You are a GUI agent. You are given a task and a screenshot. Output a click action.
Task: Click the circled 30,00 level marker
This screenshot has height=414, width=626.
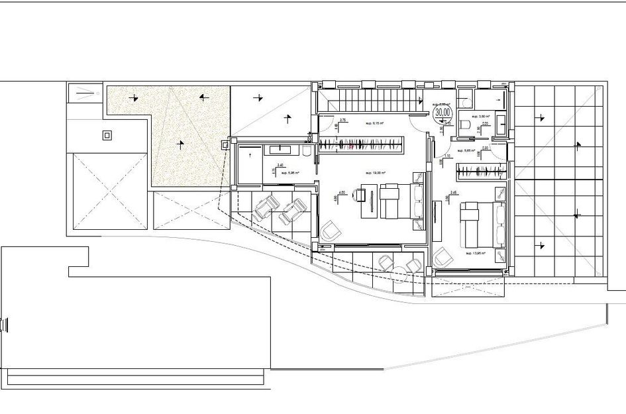[441, 113]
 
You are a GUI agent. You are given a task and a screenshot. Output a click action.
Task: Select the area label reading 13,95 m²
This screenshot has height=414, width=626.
[476, 253]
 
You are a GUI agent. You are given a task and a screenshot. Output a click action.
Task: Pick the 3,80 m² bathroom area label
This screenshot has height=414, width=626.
[480, 115]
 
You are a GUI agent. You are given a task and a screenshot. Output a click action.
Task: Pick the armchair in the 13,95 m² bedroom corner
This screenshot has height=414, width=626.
[441, 256]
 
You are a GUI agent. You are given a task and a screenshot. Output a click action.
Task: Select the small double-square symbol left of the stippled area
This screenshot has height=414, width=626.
[107, 136]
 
